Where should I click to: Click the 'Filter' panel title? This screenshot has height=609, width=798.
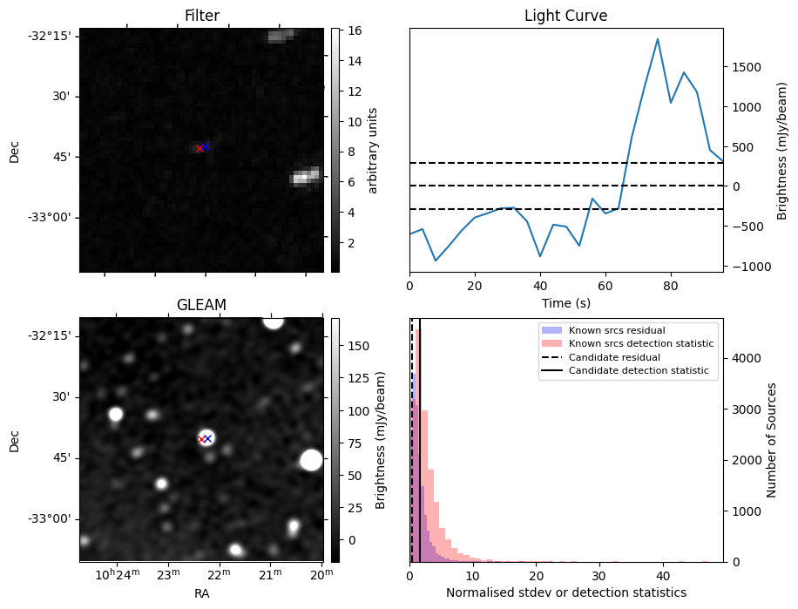(201, 16)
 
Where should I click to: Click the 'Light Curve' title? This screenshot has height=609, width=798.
(565, 16)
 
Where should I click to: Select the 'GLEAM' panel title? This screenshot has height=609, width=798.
(201, 305)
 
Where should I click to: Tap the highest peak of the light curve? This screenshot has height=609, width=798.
(658, 39)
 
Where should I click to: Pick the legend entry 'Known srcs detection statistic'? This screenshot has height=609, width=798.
(640, 343)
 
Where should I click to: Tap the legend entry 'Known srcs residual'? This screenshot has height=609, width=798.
(616, 330)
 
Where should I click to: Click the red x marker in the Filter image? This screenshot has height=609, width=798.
(199, 149)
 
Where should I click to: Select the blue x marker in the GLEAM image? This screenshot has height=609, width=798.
(207, 438)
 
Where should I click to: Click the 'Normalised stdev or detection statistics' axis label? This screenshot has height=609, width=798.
(565, 592)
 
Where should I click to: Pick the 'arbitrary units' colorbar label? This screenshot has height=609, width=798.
(373, 151)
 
